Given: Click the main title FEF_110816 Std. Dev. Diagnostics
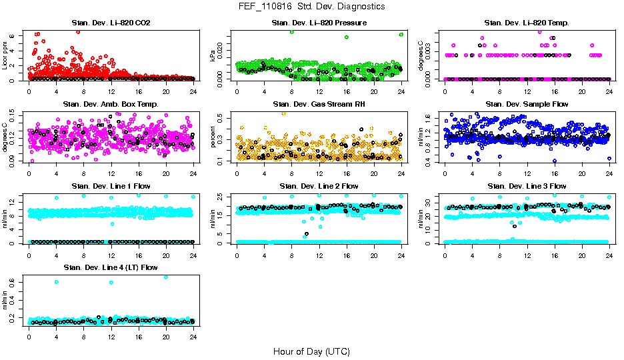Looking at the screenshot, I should pyautogui.click(x=311, y=7).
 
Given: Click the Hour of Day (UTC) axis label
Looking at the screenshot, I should pyautogui.click(x=311, y=351).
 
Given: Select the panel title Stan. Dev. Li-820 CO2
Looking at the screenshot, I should pyautogui.click(x=111, y=23).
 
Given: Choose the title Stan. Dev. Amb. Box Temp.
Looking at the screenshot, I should pyautogui.click(x=111, y=105).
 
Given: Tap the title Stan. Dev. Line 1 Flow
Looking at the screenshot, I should pyautogui.click(x=111, y=186).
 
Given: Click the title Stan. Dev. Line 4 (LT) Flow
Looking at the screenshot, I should pyautogui.click(x=111, y=267).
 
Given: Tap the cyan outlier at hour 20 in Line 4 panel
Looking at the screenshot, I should pyautogui.click(x=166, y=277).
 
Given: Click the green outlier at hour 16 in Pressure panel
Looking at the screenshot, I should pyautogui.click(x=347, y=37).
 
